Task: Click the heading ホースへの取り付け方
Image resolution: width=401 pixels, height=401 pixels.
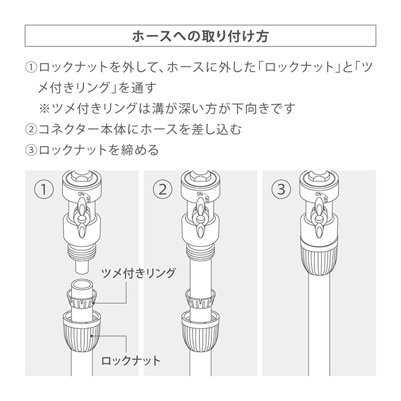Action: pos(200,36)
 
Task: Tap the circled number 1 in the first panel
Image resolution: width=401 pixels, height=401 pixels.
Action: pos(44,190)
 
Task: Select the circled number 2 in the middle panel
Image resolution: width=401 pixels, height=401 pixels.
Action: pos(162,190)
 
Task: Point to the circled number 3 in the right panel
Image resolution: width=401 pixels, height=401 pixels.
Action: pos(281,190)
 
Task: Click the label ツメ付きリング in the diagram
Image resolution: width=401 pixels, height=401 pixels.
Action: pos(138,273)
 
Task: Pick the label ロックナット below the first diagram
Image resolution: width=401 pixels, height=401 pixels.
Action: pos(131,361)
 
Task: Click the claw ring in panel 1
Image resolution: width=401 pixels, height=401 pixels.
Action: pos(82,299)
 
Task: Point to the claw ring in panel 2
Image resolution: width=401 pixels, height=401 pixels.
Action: pos(200,299)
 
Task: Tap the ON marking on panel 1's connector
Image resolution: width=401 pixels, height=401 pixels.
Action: pos(81,194)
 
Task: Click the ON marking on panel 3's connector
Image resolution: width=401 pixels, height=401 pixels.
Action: pos(318,194)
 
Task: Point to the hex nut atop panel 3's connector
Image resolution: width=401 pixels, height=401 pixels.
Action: pos(319,175)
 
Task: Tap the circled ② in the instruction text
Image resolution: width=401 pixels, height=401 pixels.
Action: pos(31,129)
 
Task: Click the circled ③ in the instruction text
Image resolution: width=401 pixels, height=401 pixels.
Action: pos(31,150)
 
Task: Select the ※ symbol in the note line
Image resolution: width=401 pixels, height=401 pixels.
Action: pos(44,108)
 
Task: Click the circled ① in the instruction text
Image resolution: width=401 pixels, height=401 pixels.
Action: pos(31,67)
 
